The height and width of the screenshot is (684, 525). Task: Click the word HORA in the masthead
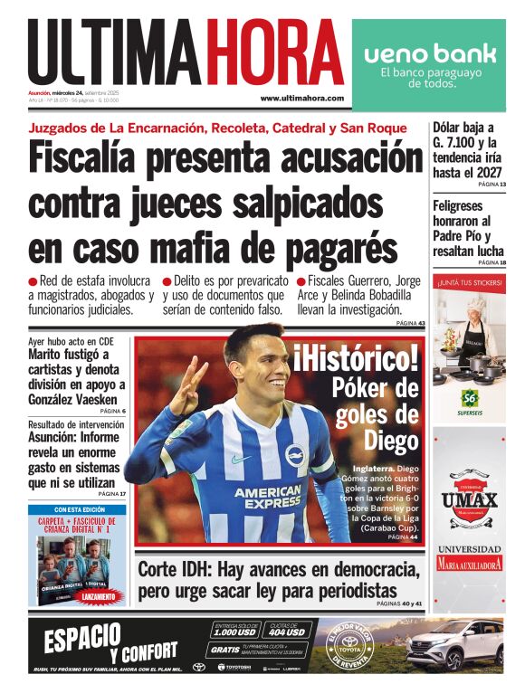pyautogui.click(x=274, y=52)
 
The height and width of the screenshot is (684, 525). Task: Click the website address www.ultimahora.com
pyautogui.click(x=301, y=98)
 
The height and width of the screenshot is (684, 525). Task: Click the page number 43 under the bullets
pyautogui.click(x=421, y=323)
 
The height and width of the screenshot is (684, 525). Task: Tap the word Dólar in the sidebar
pyautogui.click(x=451, y=128)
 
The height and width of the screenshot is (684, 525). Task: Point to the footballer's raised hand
pyautogui.click(x=185, y=387)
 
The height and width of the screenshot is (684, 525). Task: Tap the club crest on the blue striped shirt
pyautogui.click(x=297, y=455)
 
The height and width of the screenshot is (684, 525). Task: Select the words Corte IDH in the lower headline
pyautogui.click(x=178, y=571)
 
